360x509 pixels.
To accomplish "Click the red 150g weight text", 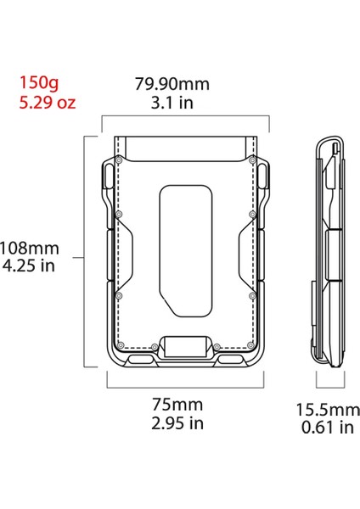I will [39, 85].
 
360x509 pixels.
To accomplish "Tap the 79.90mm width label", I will [172, 85].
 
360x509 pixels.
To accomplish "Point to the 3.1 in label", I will [172, 103].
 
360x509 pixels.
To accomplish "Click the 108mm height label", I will [31, 249].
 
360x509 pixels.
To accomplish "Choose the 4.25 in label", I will [31, 267].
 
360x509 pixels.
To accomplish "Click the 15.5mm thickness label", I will [327, 409].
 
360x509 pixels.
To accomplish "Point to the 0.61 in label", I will [327, 428].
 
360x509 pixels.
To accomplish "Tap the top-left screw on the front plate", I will [120, 159].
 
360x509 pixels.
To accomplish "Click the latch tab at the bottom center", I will [184, 348].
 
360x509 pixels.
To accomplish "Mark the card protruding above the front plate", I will [184, 148].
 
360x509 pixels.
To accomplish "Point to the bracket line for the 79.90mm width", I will [184, 118].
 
